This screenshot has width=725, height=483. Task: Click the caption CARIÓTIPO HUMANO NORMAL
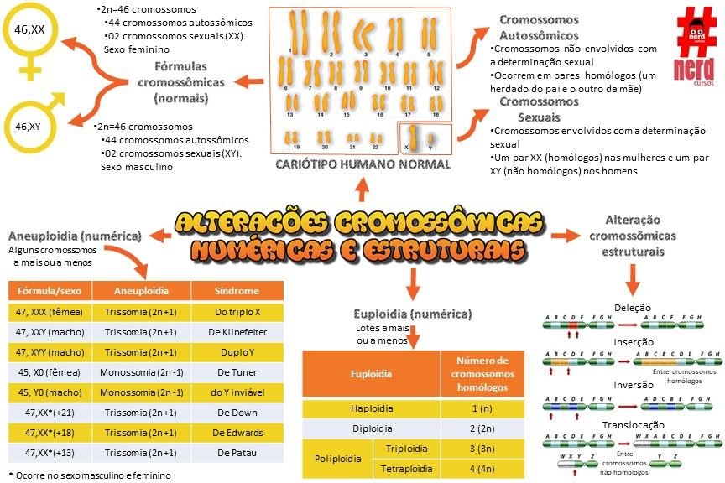[x=362, y=165]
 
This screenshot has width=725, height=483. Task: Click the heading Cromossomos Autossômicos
[x=539, y=27]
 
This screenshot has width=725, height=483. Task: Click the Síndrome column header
[x=238, y=291]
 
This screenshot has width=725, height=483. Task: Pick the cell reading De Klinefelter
[x=238, y=332]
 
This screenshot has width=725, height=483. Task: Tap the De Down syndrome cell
[x=238, y=413]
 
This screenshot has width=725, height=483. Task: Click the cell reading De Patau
[x=238, y=453]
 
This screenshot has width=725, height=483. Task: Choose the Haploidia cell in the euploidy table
[x=371, y=408]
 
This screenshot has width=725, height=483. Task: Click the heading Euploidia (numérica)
[x=412, y=314]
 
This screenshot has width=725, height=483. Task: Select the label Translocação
[x=634, y=425]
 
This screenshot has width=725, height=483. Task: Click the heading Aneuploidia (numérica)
[x=75, y=237]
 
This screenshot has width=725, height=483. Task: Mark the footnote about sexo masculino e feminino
[x=89, y=475]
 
